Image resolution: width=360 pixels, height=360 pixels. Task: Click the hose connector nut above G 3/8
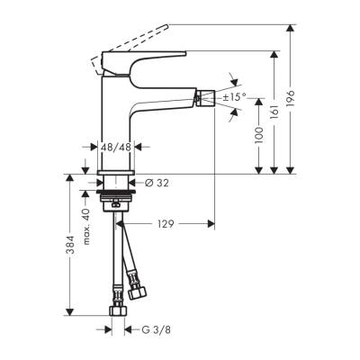pyautogui.click(x=114, y=312)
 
